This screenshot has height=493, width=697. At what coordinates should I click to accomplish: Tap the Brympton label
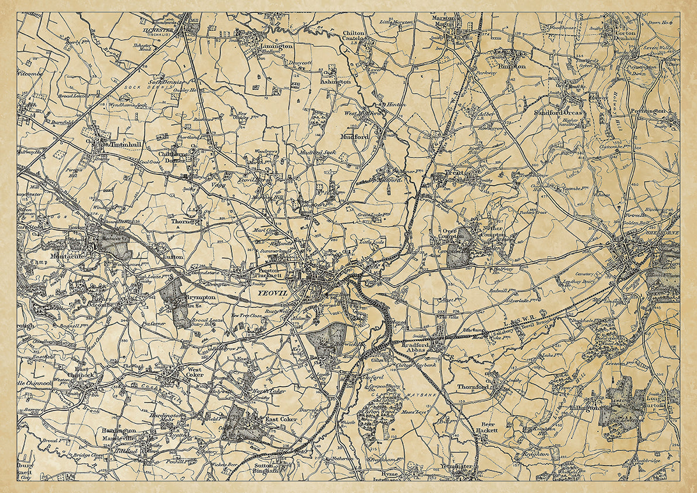coord(201,297)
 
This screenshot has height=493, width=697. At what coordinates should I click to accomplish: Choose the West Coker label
coord(195,372)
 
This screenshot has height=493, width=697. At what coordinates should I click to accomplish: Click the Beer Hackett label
coord(489,427)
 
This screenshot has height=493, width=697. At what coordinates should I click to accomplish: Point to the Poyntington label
coord(648,111)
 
